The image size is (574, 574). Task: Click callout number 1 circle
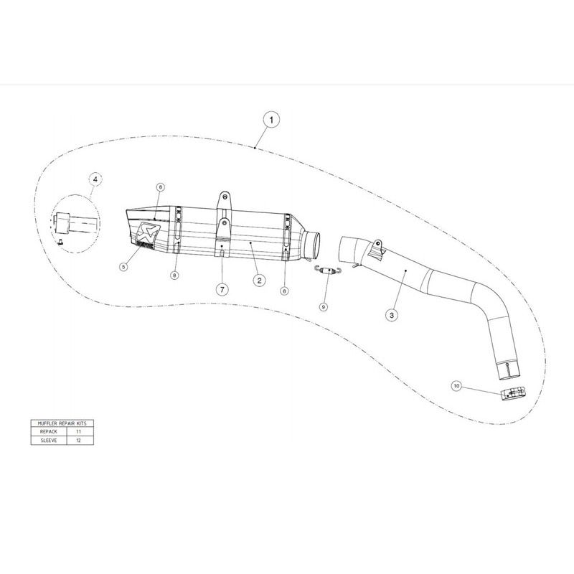click(271, 120)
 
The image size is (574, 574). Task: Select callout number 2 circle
click(259, 281)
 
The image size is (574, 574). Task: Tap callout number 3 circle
click(392, 315)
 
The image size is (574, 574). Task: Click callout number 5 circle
click(123, 267)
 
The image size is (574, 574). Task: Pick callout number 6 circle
click(160, 187)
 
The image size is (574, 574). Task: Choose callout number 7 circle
click(222, 290)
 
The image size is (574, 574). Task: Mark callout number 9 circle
click(324, 307)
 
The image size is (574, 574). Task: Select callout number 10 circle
click(456, 386)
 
